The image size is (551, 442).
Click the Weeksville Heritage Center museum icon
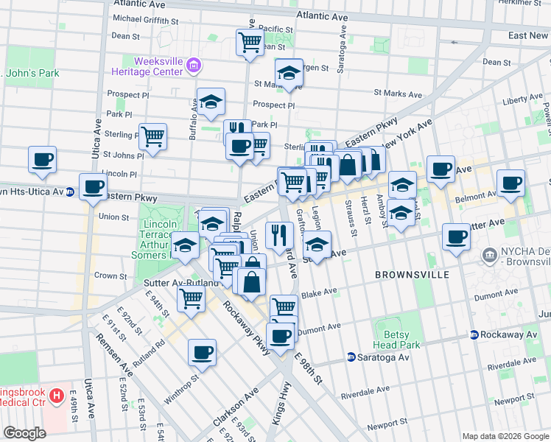click(194, 66)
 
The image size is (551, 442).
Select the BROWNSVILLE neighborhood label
click(411, 275)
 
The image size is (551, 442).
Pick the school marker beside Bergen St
click(289, 73)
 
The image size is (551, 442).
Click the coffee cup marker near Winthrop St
click(202, 351)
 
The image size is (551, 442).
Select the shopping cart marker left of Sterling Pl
click(152, 136)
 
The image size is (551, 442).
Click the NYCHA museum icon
click(488, 255)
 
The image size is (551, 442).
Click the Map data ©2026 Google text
click(505, 436)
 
